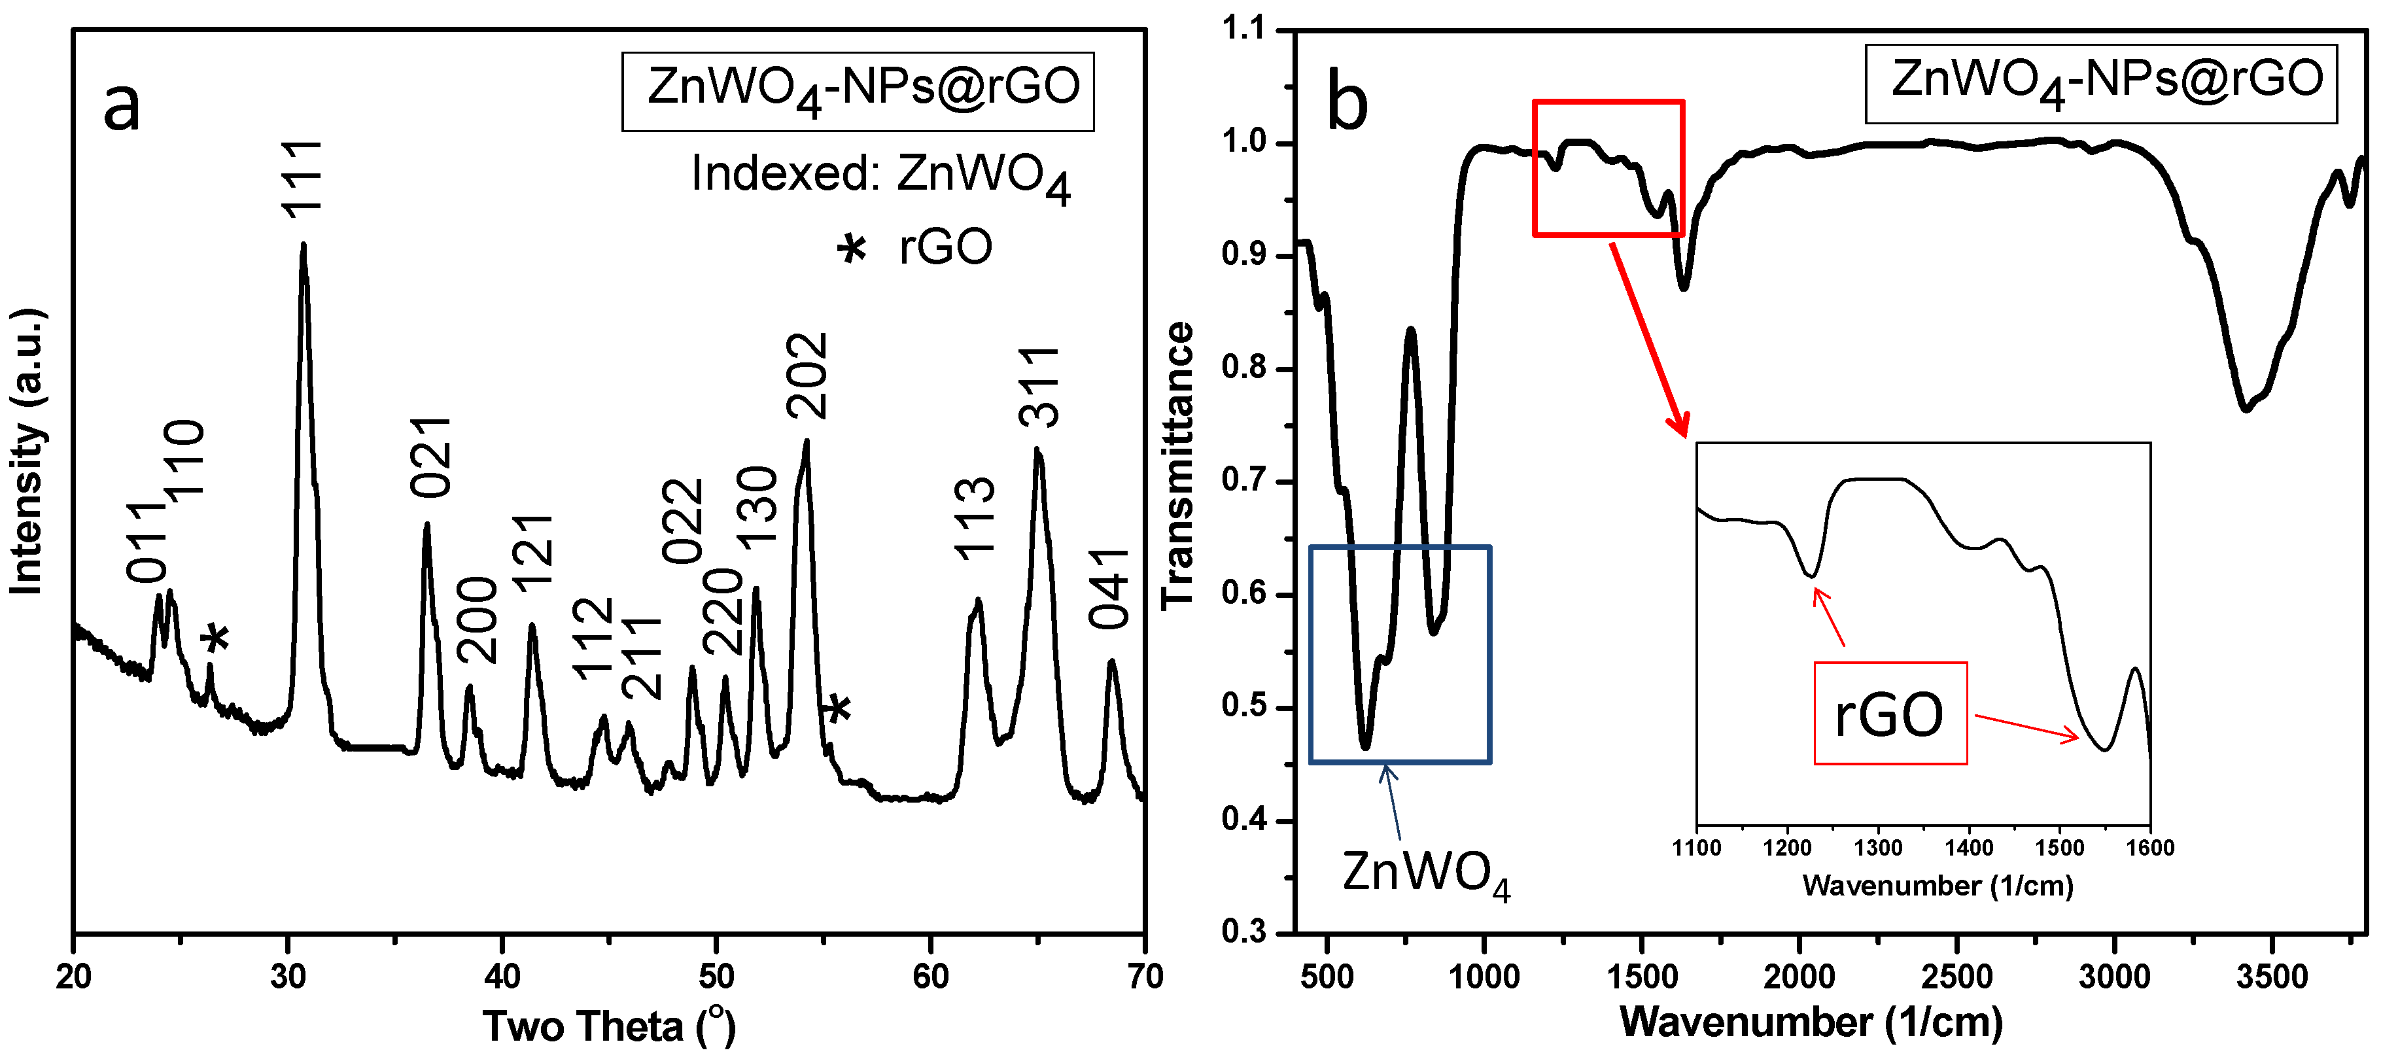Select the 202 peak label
[806, 375]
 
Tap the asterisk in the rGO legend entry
[851, 249]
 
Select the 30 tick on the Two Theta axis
[288, 977]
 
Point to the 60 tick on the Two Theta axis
[930, 977]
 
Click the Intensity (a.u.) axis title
[27, 451]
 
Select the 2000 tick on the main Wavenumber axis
[1799, 977]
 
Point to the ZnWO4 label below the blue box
[1425, 873]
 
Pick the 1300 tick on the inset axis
[1877, 848]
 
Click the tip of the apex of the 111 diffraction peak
[304, 245]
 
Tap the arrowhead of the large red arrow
[1683, 433]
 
